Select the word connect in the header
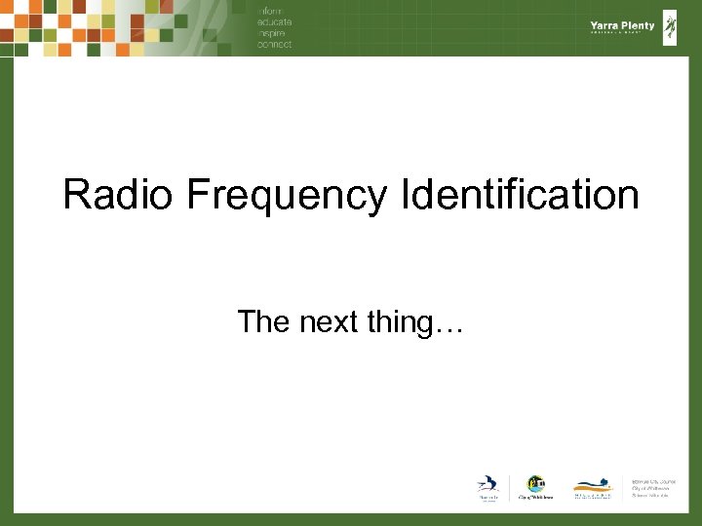coord(275,44)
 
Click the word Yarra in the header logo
coord(604,25)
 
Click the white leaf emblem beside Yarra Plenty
coord(670,27)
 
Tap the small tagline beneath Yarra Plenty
coord(622,34)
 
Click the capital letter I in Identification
coord(405,196)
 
